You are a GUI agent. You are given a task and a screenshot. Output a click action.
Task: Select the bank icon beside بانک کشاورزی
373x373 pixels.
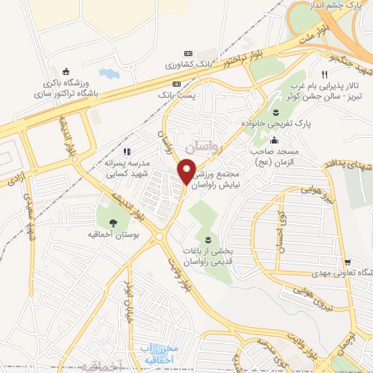pyautogui.click(x=188, y=54)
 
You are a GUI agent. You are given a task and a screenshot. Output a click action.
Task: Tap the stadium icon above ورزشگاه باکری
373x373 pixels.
pyautogui.click(x=67, y=71)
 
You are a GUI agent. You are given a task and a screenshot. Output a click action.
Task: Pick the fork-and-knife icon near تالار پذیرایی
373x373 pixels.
pyautogui.click(x=324, y=74)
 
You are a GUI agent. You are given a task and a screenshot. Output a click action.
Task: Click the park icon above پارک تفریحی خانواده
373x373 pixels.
pyautogui.click(x=276, y=112)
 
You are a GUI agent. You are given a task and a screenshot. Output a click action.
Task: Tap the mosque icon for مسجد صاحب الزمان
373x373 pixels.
pyautogui.click(x=273, y=141)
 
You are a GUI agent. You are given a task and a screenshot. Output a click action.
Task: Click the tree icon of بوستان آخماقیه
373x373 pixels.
pyautogui.click(x=113, y=223)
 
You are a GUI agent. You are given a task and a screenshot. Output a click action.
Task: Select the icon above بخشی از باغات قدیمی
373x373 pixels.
pyautogui.click(x=209, y=240)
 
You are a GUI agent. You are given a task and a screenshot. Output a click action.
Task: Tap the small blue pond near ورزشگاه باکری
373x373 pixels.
pyautogui.click(x=107, y=74)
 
